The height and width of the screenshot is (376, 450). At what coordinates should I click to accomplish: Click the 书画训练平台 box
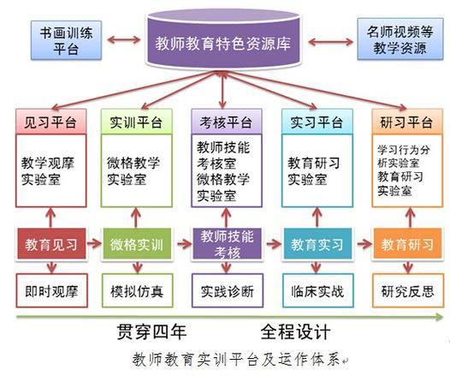[61, 39]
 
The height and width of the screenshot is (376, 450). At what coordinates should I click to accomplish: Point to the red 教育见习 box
[50, 243]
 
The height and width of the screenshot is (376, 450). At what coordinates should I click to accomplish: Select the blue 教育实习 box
[317, 243]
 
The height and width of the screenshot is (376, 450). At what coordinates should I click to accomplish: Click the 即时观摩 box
[50, 290]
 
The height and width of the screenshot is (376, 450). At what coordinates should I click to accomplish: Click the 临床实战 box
[317, 290]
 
